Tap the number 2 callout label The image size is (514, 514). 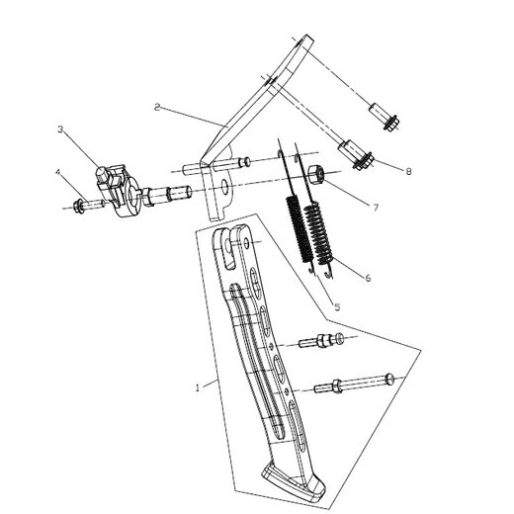pyautogui.click(x=158, y=106)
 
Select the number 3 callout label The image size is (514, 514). pyautogui.click(x=60, y=129)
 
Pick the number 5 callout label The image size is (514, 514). pyautogui.click(x=336, y=307)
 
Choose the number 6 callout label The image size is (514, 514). pyautogui.click(x=369, y=279)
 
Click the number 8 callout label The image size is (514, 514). pyautogui.click(x=409, y=171)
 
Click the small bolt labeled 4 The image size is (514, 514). pyautogui.click(x=86, y=207)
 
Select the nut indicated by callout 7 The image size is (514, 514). pyautogui.click(x=314, y=177)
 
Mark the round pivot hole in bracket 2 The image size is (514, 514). pyautogui.click(x=223, y=185)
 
